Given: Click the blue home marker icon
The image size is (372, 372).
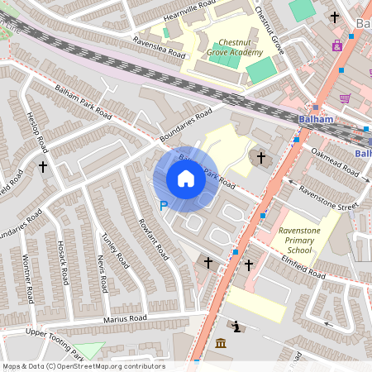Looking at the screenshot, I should pyautogui.click(x=186, y=179).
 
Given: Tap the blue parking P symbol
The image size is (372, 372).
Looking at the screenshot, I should pyautogui.click(x=163, y=205).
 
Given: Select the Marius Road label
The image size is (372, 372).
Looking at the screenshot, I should pyautogui.click(x=125, y=318).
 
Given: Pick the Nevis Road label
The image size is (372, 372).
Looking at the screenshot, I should pyautogui.click(x=102, y=273).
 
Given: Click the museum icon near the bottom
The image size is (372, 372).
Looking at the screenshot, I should pyautogui.click(x=221, y=342).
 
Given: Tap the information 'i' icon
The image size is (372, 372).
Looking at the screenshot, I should pyautogui.click(x=237, y=327).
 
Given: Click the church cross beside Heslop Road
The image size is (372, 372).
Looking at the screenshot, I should pyautogui.click(x=43, y=167).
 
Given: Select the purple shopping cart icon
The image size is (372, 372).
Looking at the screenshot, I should pyautogui.click(x=345, y=98).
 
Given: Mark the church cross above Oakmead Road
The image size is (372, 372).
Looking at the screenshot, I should pyautogui.click(x=260, y=156).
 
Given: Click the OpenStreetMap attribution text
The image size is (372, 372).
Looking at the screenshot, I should pyautogui.click(x=83, y=365).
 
